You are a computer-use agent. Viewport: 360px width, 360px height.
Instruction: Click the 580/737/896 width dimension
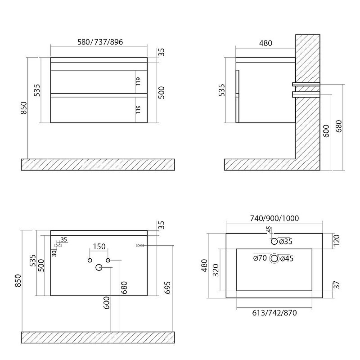(100, 42)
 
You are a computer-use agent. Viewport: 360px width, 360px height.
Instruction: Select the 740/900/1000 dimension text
(274, 218)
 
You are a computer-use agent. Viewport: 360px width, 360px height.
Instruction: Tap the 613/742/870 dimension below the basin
(274, 313)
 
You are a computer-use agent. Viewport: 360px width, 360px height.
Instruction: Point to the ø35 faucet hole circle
(274, 241)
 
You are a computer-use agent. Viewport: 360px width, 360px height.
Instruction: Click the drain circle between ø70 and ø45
(274, 258)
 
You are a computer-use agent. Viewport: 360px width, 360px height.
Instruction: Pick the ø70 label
(260, 258)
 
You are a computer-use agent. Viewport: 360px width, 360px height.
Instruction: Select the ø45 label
(287, 258)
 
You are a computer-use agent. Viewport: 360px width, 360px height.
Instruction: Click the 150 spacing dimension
(99, 247)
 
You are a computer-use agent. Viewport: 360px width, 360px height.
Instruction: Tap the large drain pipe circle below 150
(99, 267)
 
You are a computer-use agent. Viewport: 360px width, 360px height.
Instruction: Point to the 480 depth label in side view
(265, 43)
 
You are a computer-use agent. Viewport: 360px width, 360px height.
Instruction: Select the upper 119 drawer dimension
(138, 81)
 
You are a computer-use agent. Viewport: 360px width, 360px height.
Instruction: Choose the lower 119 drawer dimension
(138, 109)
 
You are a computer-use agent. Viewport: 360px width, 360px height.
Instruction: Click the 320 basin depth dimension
(216, 270)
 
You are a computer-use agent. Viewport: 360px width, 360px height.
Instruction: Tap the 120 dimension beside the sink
(336, 240)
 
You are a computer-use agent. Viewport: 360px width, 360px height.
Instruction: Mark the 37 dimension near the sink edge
(336, 285)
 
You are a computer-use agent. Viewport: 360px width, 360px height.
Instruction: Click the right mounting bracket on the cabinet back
(140, 245)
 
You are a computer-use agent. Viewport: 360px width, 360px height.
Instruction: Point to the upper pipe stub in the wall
(306, 84)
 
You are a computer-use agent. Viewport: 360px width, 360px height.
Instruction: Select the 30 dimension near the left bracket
(54, 253)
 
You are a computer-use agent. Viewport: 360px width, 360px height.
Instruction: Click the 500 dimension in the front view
(162, 93)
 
